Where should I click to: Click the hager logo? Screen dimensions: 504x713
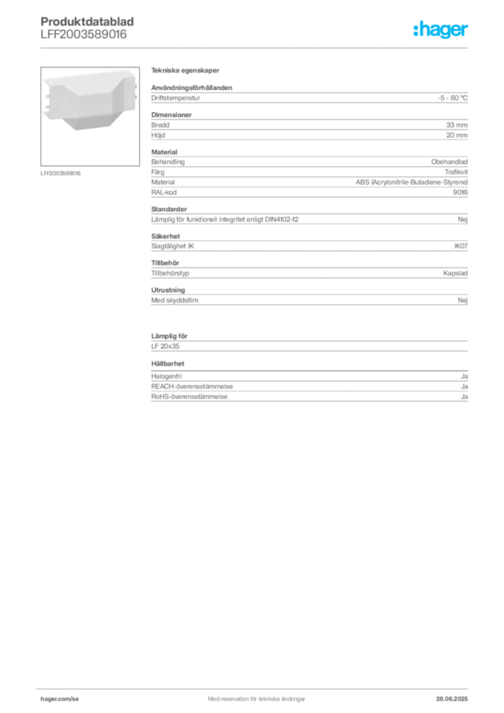(x=441, y=29)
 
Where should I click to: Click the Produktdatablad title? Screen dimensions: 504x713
(x=87, y=22)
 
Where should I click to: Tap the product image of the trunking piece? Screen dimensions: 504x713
(x=90, y=103)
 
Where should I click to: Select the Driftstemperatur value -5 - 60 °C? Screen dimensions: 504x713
(x=452, y=97)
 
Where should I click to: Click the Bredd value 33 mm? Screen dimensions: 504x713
(x=457, y=125)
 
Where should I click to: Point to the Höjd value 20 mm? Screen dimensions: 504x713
(x=457, y=135)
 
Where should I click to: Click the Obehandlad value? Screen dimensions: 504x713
(x=450, y=162)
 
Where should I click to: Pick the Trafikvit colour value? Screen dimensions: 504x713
(x=456, y=172)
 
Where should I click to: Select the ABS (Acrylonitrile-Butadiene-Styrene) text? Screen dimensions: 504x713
(x=411, y=182)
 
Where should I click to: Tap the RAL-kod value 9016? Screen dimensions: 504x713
(x=460, y=192)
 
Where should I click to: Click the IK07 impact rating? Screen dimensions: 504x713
(x=461, y=246)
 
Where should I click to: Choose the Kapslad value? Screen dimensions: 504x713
(x=455, y=273)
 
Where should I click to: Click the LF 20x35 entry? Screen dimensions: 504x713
(x=166, y=346)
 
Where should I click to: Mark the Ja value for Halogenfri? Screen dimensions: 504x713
(x=464, y=377)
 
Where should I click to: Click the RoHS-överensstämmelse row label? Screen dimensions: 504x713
(x=189, y=396)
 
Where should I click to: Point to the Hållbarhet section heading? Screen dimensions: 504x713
(x=168, y=363)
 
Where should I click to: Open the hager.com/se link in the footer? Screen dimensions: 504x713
(x=60, y=699)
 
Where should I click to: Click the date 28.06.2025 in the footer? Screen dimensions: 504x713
(x=452, y=699)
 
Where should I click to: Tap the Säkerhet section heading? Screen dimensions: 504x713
(x=166, y=236)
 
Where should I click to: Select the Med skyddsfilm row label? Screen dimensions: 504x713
(x=175, y=300)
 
